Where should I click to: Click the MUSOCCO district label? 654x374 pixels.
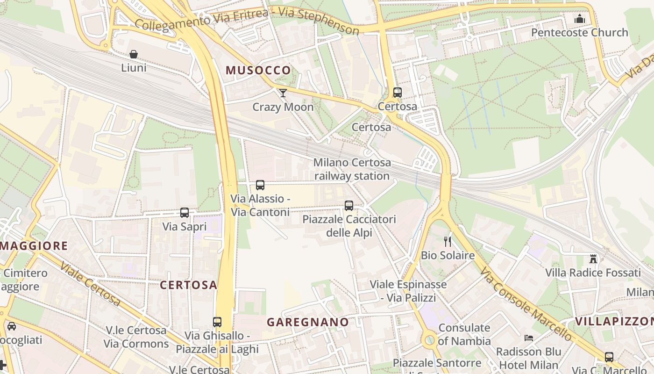click(x=258, y=71)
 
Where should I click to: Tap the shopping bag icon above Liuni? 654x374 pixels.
click(x=134, y=54)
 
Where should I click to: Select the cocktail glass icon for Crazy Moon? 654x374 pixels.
click(x=283, y=93)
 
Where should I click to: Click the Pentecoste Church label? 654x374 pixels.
click(x=579, y=32)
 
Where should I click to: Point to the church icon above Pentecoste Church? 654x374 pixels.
click(x=580, y=19)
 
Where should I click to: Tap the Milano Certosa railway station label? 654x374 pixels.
click(x=352, y=169)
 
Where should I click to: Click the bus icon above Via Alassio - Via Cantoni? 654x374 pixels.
click(x=260, y=185)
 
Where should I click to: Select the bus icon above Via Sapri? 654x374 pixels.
click(x=185, y=213)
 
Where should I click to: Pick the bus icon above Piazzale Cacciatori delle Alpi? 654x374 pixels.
click(x=348, y=205)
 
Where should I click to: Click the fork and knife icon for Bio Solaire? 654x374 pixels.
click(x=448, y=242)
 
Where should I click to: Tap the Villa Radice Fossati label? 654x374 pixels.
click(x=593, y=273)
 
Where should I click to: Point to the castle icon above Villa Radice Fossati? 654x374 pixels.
click(x=593, y=259)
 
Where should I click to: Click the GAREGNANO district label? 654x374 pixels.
click(x=307, y=322)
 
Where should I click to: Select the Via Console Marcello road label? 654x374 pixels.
click(x=526, y=304)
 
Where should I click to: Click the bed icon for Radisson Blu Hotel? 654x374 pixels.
click(x=528, y=338)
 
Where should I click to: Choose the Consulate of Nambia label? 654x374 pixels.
click(x=464, y=334)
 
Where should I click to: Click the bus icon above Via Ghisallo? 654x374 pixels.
click(x=217, y=322)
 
